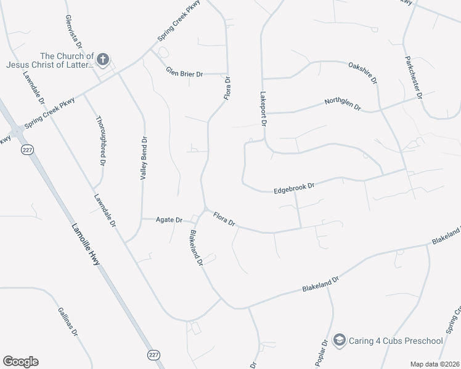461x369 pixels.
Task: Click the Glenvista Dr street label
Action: (x=72, y=32)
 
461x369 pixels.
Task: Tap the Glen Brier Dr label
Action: (x=184, y=74)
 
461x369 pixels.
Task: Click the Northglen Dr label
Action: (x=343, y=106)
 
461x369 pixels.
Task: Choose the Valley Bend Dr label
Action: (x=144, y=158)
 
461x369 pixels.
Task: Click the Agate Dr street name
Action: (x=169, y=220)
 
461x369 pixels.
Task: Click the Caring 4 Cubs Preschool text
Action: (x=397, y=341)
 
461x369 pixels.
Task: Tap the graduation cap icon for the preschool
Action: (x=339, y=340)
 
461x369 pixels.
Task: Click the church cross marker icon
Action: (x=103, y=60)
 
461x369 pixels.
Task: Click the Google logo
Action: (x=20, y=362)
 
